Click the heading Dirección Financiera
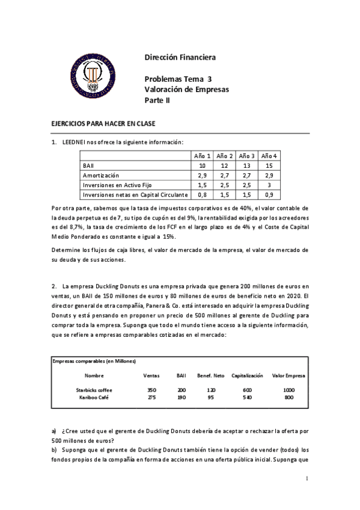[180, 58]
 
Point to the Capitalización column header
[247, 375]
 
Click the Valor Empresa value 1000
[290, 390]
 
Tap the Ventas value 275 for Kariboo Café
[151, 397]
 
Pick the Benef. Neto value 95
[210, 397]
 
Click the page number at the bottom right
[307, 479]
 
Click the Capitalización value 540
[247, 397]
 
